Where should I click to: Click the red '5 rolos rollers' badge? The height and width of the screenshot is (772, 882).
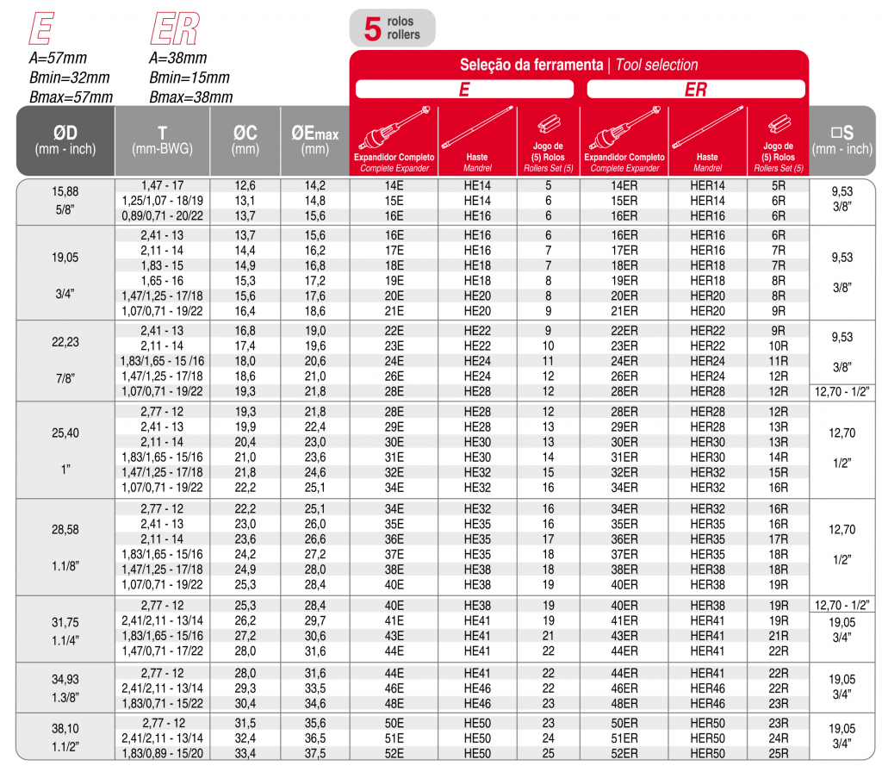392,28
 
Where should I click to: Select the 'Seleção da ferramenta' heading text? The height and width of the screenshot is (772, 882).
531,65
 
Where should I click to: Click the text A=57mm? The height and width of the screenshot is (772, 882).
58,59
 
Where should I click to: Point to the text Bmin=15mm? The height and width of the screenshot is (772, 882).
189,78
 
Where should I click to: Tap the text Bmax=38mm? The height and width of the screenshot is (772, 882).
190,97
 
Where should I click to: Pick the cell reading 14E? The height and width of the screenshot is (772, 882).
394,185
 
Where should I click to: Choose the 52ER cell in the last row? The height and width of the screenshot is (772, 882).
624,754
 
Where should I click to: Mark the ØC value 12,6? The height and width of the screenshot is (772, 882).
245,185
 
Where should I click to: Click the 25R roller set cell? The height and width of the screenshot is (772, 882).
778,754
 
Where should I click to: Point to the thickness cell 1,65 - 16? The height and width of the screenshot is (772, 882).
162,281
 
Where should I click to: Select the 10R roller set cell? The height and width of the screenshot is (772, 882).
778,346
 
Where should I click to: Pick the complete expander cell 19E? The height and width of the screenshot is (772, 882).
394,281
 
